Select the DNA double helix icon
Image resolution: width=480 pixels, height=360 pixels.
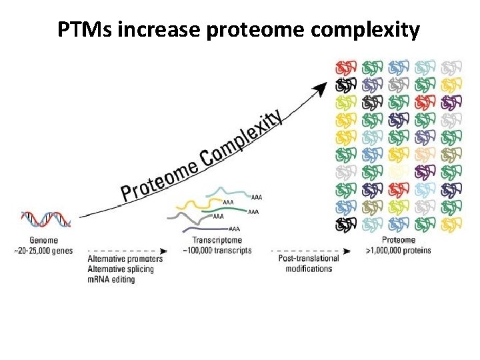[x=45, y=220]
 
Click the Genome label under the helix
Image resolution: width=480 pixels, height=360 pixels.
[x=43, y=240]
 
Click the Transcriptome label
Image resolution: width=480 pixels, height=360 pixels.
[x=217, y=241]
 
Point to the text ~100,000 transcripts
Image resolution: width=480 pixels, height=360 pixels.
[x=217, y=251]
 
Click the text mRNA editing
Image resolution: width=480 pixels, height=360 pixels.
[x=111, y=279]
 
